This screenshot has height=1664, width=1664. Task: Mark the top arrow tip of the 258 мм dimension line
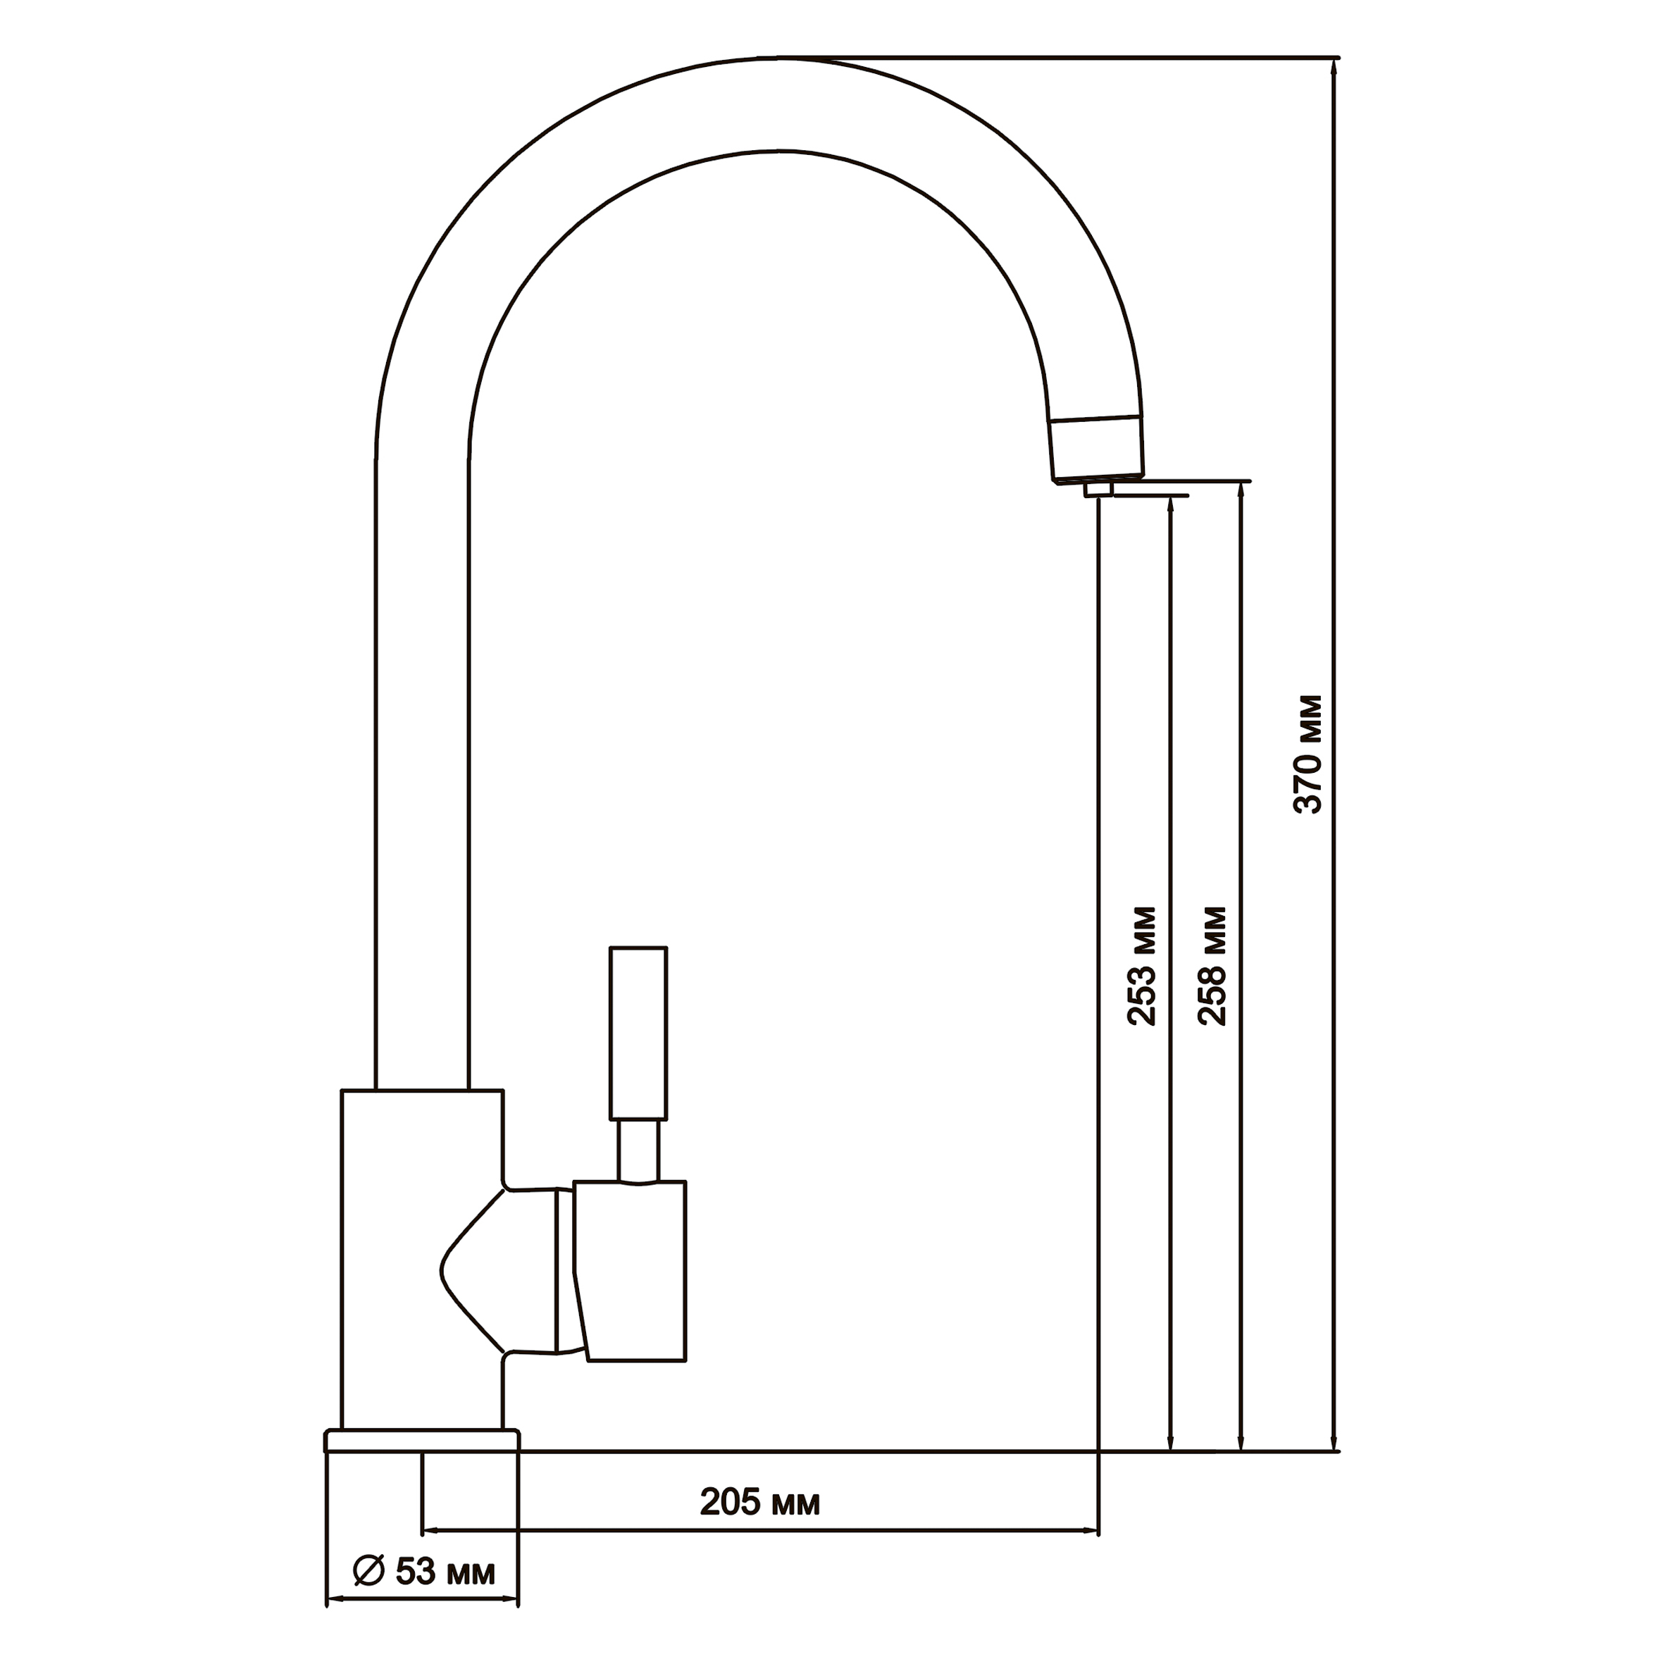click(x=1240, y=483)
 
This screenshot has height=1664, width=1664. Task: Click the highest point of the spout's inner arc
click(x=779, y=151)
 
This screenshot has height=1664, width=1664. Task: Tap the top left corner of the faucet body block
click(x=342, y=1091)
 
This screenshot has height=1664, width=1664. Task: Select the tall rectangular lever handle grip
click(x=638, y=1033)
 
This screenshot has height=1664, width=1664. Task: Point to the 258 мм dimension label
click(x=1212, y=965)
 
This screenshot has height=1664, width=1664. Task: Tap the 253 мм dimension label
click(x=1141, y=965)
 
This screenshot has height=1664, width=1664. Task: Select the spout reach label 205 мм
click(x=759, y=1502)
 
